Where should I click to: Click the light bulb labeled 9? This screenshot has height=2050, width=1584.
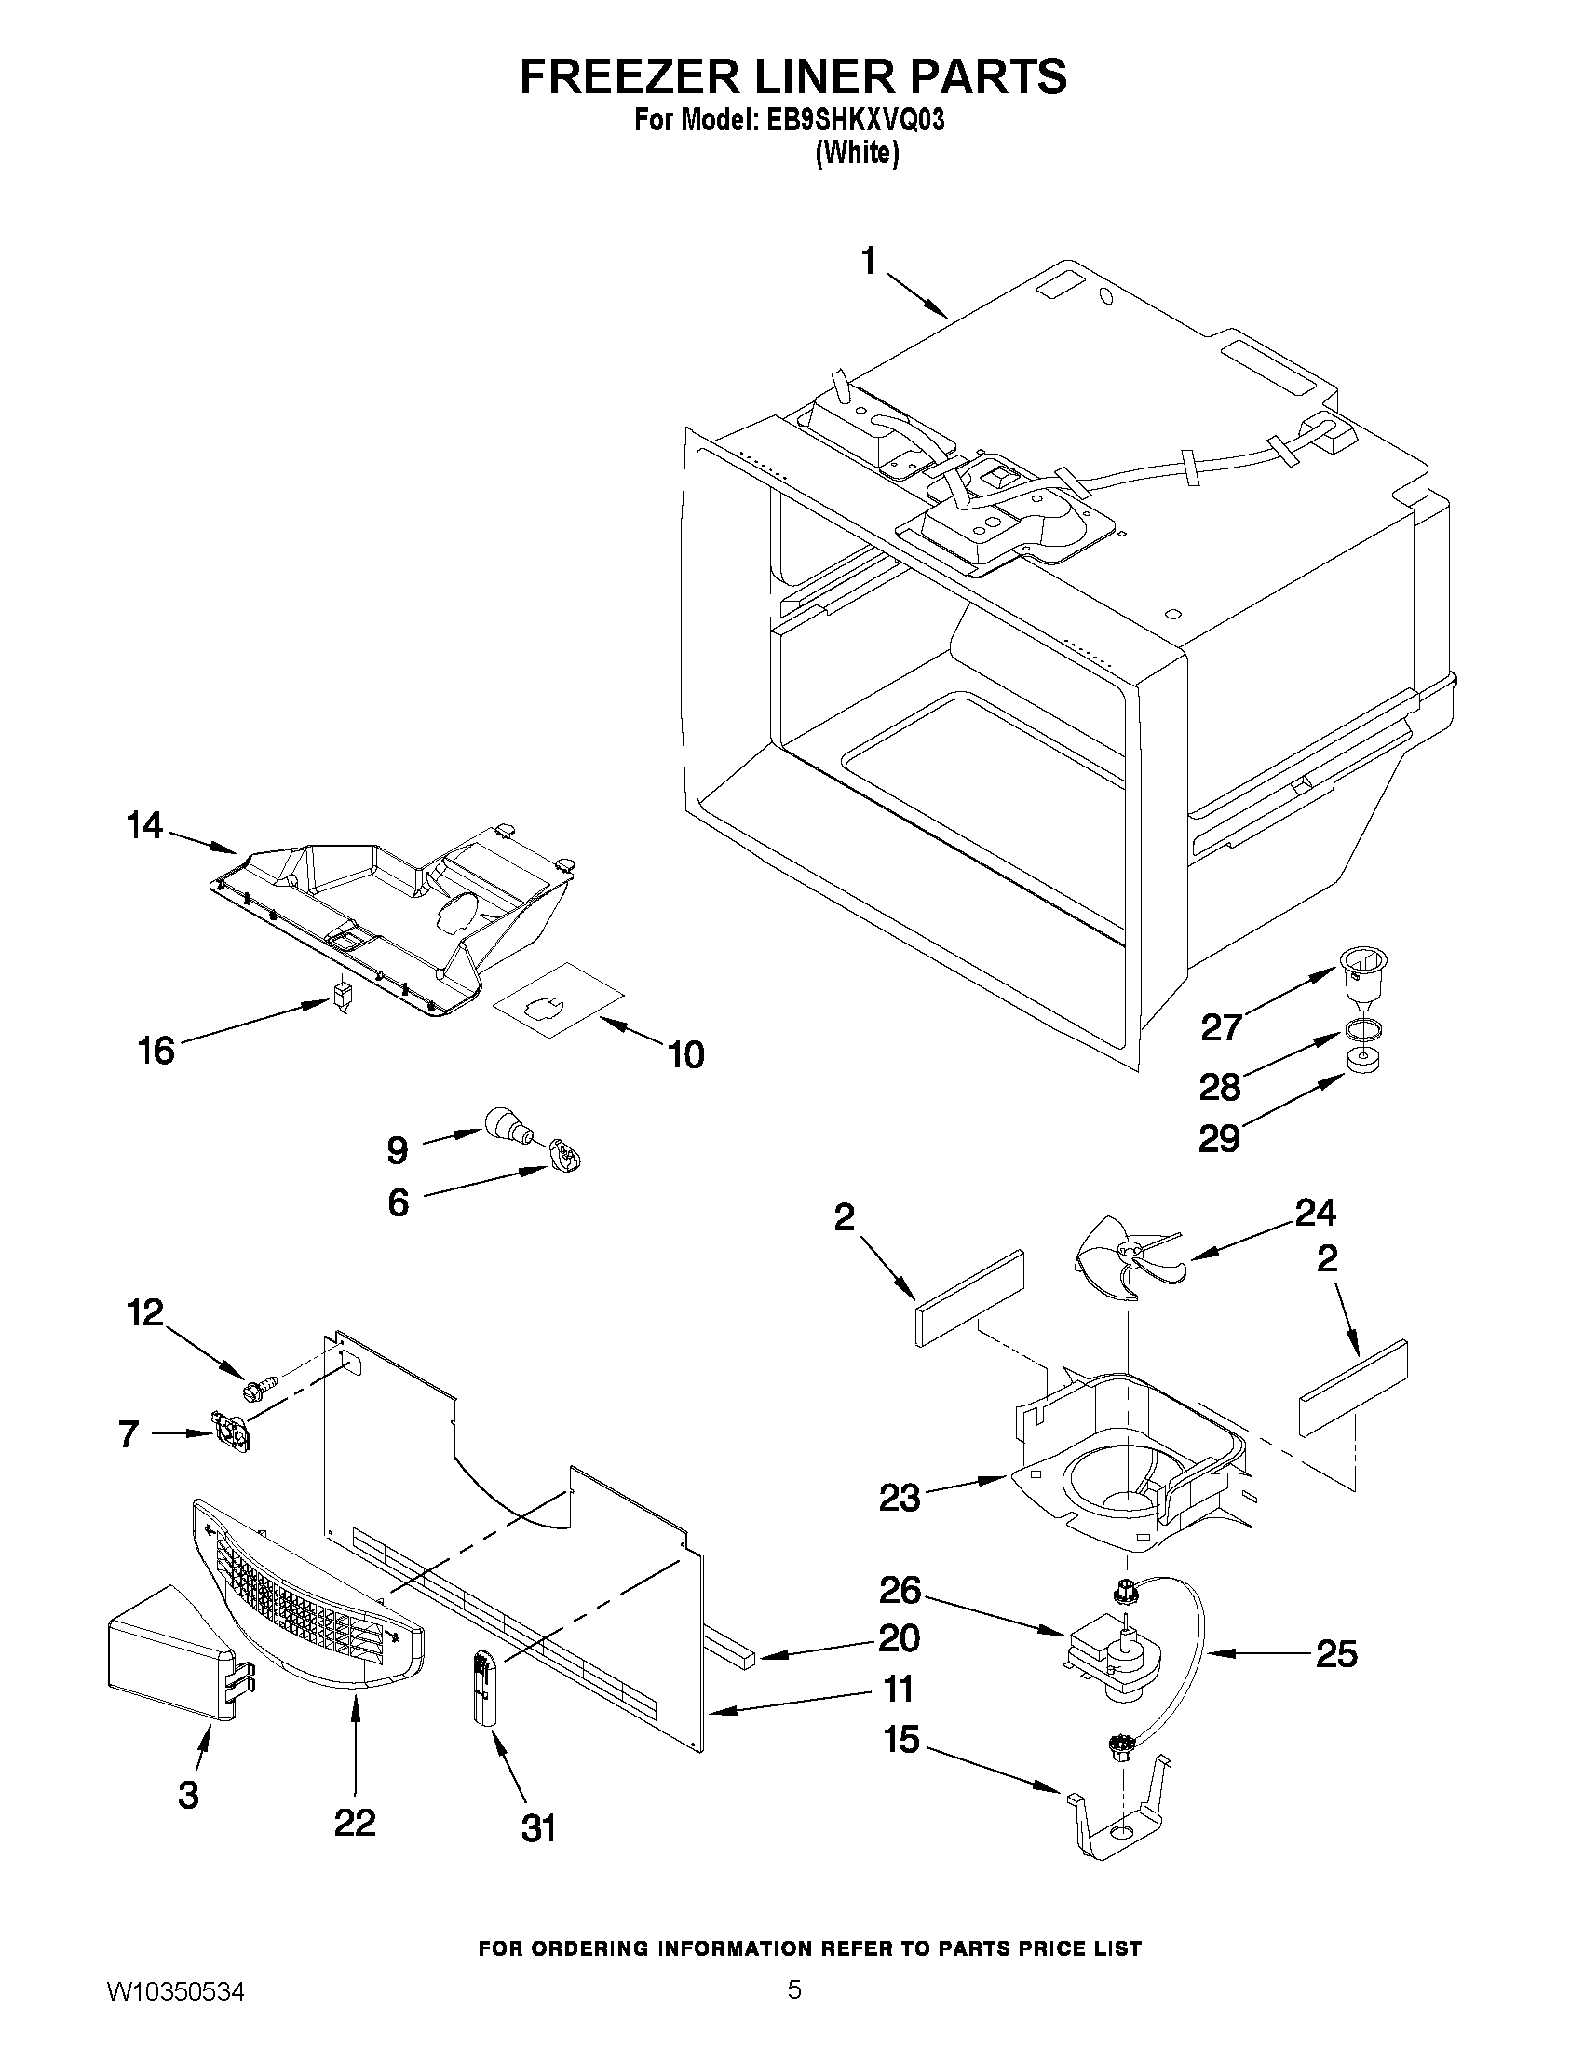508,1124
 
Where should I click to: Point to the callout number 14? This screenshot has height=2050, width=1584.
144,826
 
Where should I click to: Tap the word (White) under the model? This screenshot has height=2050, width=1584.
856,153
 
